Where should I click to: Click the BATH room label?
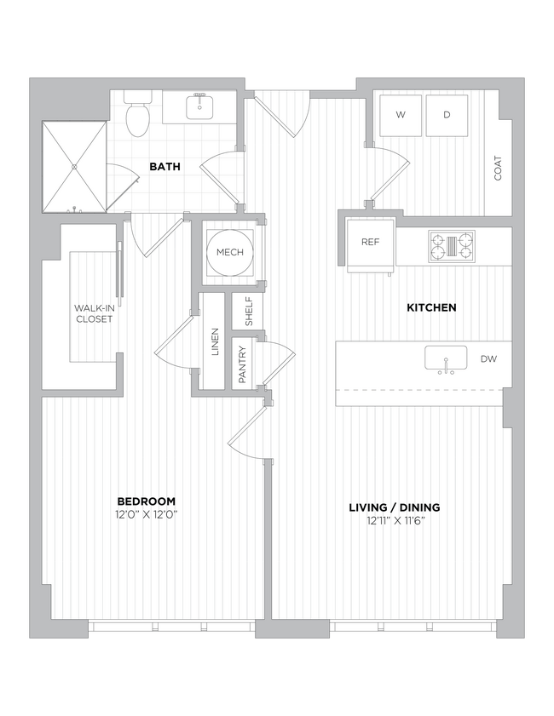click(164, 167)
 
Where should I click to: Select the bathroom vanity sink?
click(201, 106)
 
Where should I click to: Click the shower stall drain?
click(75, 166)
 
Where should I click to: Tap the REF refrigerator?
click(370, 242)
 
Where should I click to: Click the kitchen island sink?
click(446, 358)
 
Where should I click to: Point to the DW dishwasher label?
click(488, 359)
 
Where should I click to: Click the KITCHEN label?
click(431, 307)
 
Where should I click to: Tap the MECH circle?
click(230, 252)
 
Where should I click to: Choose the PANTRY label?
click(242, 364)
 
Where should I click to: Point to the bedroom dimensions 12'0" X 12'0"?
click(147, 514)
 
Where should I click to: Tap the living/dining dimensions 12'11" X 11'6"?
click(394, 521)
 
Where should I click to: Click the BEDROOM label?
click(147, 501)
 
